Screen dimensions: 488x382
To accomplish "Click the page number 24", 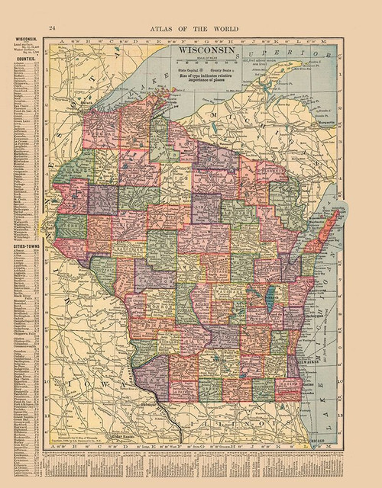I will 52,28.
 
